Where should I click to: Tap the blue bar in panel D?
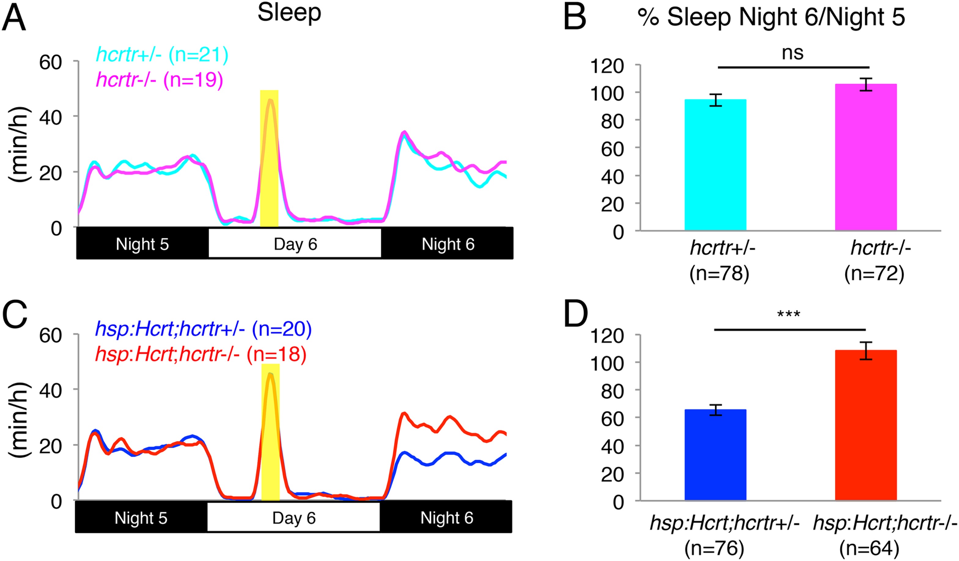point(715,455)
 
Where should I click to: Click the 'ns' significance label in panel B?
point(793,53)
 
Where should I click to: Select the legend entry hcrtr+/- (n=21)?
point(162,54)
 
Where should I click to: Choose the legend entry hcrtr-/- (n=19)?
point(160,80)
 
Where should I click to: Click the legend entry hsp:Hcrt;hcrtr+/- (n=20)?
point(203,329)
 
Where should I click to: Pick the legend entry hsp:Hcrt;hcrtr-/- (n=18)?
point(200,354)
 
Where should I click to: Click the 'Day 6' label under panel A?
point(295,244)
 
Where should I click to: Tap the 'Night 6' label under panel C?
point(447,518)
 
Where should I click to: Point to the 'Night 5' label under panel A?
point(142,244)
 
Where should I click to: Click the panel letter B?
point(574,18)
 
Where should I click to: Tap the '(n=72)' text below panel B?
point(874,274)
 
